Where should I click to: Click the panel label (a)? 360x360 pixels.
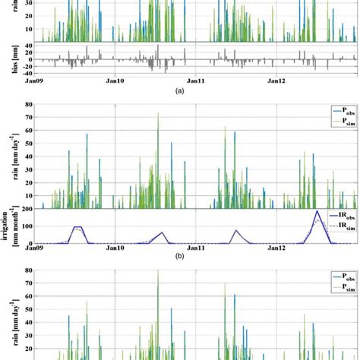[x=179, y=90]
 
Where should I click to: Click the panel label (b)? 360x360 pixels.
[x=179, y=257]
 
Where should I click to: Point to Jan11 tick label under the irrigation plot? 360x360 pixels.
[x=196, y=248]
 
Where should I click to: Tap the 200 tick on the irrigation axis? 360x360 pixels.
[x=27, y=209]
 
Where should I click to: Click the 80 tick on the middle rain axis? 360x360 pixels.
[x=28, y=104]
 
